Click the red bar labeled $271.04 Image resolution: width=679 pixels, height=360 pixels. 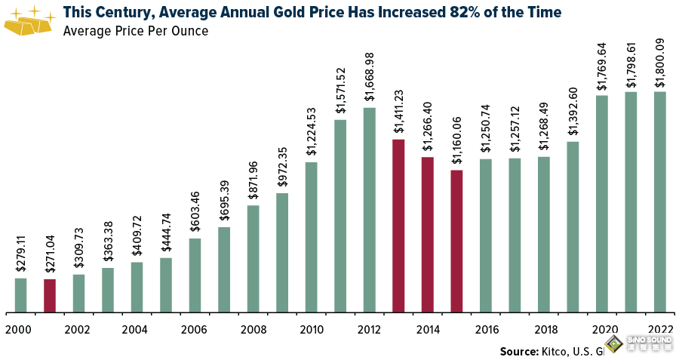(50, 296)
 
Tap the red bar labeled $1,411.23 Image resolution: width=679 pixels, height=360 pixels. (398, 226)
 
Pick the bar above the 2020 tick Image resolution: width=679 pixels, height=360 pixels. (601, 204)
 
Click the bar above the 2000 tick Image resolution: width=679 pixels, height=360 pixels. (20, 295)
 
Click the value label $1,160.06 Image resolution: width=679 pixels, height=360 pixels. (457, 141)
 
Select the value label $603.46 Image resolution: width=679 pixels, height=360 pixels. (195, 214)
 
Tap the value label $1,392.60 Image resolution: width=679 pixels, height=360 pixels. (573, 113)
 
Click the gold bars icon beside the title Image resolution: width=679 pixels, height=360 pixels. (29, 20)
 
